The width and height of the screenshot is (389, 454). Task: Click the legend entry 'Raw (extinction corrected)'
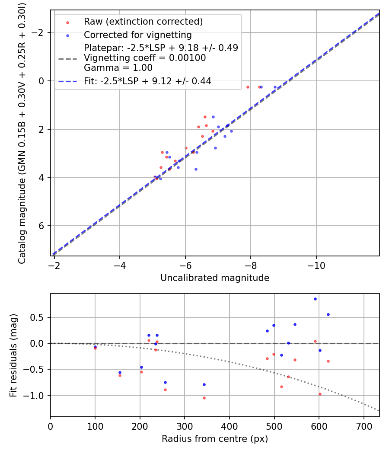point(143,22)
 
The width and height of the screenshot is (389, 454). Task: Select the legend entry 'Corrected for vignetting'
point(137,35)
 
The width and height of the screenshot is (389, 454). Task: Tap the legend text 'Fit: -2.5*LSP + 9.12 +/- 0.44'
point(147,81)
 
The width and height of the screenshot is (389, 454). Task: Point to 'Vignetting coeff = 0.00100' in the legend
point(145,58)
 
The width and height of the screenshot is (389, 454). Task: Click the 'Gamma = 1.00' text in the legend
point(118,67)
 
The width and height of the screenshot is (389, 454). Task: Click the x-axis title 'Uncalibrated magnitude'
point(215,278)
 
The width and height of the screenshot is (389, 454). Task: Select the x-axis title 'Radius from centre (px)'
point(215,439)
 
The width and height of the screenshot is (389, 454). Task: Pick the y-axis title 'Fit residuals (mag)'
point(13,355)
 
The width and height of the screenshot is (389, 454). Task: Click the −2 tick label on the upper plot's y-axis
point(39,33)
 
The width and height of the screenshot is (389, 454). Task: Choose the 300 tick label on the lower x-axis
point(185,425)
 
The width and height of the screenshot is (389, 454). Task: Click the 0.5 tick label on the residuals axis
point(40,317)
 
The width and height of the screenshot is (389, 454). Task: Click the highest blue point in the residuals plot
point(315,299)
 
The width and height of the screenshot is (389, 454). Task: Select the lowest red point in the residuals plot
point(204,398)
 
